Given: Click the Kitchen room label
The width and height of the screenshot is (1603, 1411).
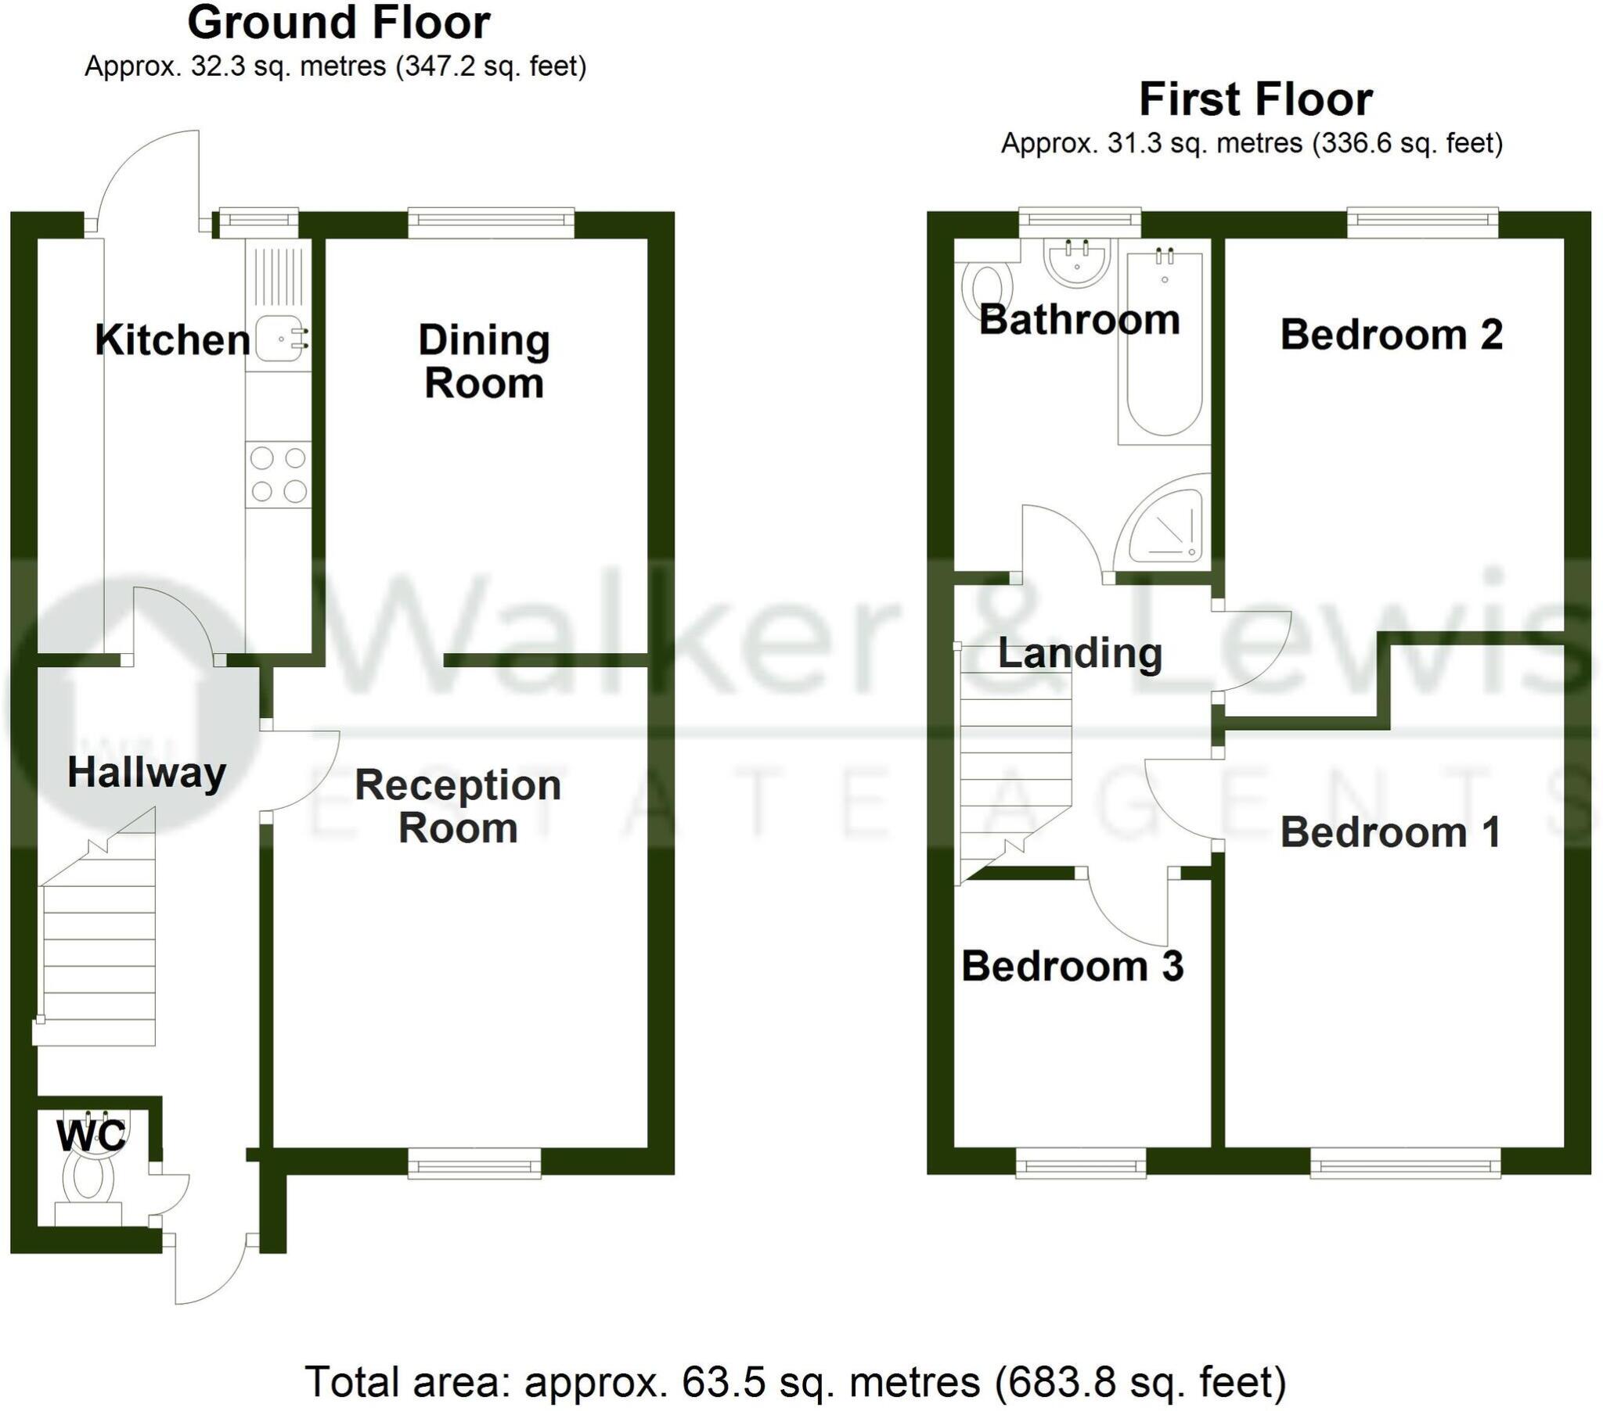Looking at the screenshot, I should coord(172,340).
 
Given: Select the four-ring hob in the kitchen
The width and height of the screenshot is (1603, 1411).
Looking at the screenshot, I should coord(279,473).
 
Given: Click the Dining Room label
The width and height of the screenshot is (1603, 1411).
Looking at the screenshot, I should coord(484,361).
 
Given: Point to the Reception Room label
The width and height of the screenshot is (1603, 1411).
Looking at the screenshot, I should coord(458,806).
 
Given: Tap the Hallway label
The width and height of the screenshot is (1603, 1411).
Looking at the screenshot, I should coord(146,773).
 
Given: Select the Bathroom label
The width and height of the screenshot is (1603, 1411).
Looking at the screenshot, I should coord(1079,320).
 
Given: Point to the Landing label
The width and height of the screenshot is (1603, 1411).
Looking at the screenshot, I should coord(1079,653).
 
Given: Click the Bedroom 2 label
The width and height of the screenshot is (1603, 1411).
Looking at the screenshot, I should coord(1391,335).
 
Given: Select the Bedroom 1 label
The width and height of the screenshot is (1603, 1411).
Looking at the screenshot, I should coord(1390,832).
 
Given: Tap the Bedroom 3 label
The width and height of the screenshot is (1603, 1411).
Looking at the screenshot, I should coord(1072,966).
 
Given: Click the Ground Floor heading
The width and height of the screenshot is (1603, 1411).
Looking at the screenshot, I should coord(339,23).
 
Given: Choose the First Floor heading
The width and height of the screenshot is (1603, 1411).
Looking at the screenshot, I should coord(1255,99).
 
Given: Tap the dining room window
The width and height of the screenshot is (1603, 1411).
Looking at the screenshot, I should coord(491,224).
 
